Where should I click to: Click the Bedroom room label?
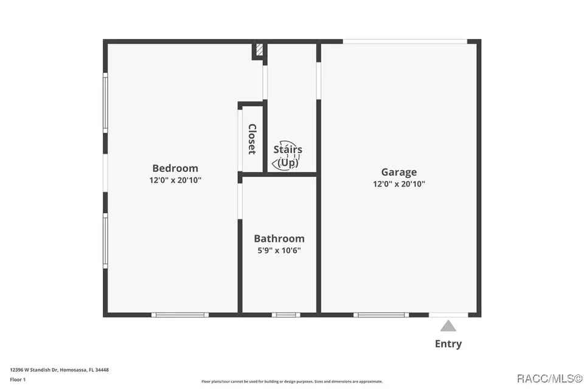coord(175,168)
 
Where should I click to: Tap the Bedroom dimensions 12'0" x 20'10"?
coord(175,180)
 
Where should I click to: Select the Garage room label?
coord(399,173)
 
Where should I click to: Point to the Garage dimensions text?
coord(399,184)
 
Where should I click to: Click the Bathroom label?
coord(279,238)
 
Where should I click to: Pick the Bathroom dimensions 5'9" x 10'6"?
coord(279,250)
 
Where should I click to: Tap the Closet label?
coord(252,139)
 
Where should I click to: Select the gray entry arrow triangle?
coord(448,326)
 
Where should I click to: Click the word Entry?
coord(448,343)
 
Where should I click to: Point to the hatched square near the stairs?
coord(260,50)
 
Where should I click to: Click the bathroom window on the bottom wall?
coord(286,315)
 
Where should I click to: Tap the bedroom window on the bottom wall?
coord(180,315)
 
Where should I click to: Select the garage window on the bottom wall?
coord(381,315)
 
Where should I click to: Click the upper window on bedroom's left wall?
coord(105,102)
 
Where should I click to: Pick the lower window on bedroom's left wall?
coord(105,241)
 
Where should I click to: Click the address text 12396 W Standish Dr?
coord(34,370)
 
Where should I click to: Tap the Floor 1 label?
coord(18,380)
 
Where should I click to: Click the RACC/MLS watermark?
coord(550,379)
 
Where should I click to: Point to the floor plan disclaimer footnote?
coord(292,382)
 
